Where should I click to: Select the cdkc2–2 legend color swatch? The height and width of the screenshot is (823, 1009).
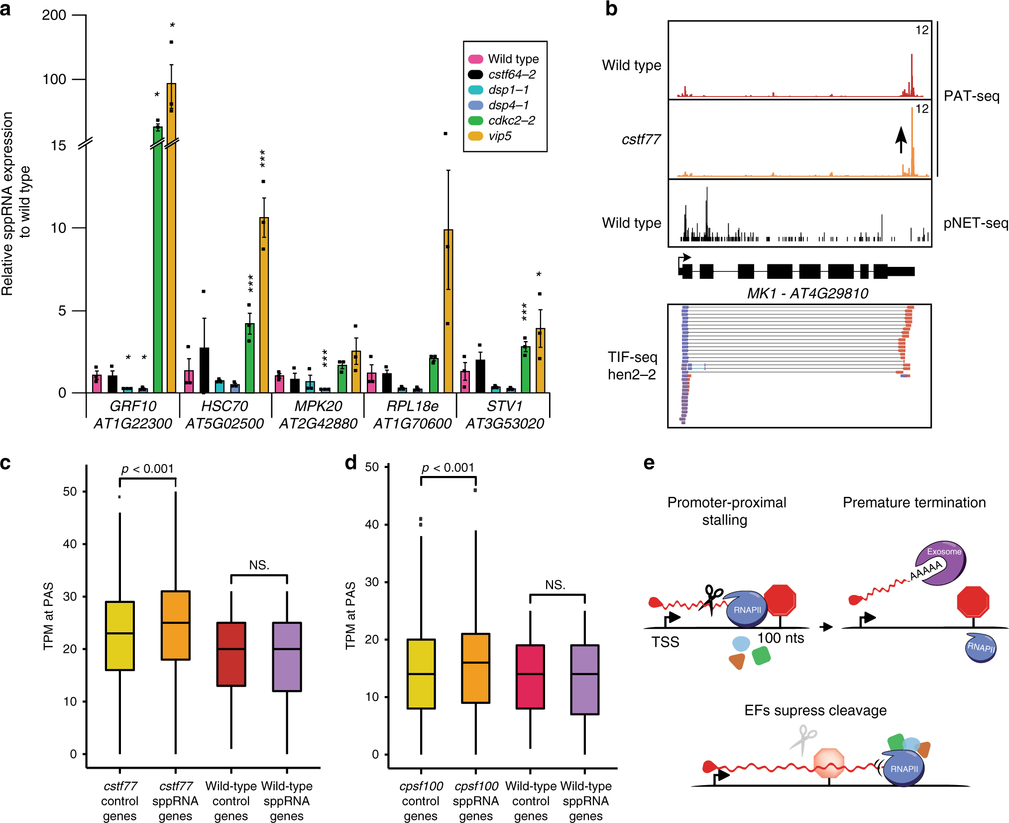pos(475,120)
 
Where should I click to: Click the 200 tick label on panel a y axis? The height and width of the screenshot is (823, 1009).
pos(54,15)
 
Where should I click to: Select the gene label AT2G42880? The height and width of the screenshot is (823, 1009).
pos(318,423)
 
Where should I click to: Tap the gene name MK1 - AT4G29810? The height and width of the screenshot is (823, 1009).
pos(807,293)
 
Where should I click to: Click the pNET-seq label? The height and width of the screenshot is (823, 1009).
pos(975,223)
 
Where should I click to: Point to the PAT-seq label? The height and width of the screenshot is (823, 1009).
pos(971,96)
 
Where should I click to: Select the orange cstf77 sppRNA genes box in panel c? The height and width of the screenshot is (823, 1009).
pos(175,625)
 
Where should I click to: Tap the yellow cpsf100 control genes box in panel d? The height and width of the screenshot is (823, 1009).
pos(421,673)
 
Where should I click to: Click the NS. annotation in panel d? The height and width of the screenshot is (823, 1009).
pos(555,585)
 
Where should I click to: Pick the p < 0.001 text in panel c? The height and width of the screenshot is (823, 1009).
pos(147,469)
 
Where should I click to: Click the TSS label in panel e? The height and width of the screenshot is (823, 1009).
pos(665,642)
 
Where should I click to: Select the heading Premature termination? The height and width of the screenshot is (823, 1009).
pos(914,502)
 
